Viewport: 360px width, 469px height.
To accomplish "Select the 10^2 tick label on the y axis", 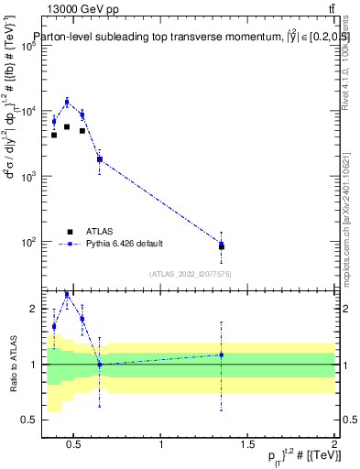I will click(27, 242).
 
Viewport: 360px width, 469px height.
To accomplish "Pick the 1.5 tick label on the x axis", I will click(248, 445).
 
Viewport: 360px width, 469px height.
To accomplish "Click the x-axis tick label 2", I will click(334, 445).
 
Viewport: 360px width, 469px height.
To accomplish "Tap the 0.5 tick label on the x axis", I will click(75, 445).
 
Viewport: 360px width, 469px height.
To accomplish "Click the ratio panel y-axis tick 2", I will click(28, 309).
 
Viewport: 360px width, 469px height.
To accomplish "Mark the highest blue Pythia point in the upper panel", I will click(67, 102).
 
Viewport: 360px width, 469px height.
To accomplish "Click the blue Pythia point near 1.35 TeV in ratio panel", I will click(222, 354).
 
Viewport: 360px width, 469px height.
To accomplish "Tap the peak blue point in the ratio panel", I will click(67, 294).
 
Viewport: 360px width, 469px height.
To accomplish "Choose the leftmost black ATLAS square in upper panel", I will click(54, 135).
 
